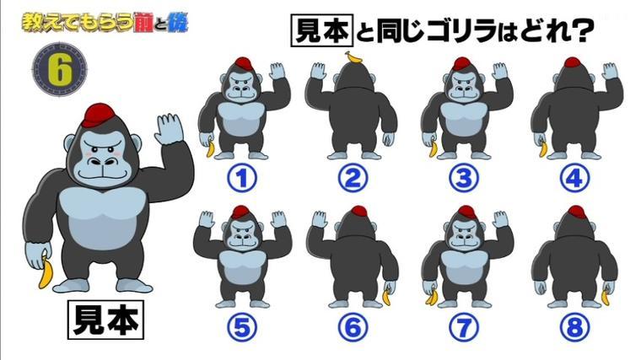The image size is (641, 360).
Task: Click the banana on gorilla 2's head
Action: point(354,57)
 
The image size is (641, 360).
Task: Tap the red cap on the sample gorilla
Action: point(100,115)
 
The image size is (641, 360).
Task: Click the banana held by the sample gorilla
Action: point(46,273)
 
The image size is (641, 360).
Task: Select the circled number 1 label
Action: point(242,178)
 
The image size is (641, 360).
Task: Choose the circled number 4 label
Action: point(574,178)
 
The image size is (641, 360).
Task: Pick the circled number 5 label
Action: point(242,327)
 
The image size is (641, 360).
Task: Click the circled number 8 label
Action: point(574,327)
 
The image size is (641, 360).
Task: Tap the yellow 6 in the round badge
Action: point(60,69)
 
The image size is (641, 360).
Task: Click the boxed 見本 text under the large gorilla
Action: point(105,320)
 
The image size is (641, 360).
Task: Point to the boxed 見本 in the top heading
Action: point(321,30)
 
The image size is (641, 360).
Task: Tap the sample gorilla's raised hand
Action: point(169,128)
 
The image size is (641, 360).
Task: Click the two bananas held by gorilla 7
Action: point(432,297)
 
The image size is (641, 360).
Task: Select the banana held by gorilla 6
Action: point(387,296)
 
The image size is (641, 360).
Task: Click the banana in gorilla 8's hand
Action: point(606,297)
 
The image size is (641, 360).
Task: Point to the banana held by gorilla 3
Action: point(433,148)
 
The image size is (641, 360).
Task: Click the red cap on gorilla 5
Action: point(240,212)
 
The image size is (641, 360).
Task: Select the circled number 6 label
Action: point(353,327)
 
